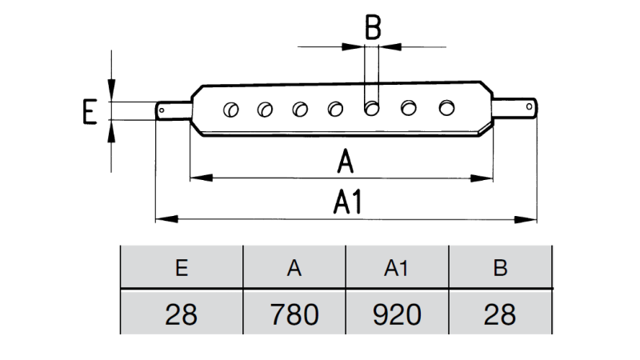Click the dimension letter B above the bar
click(373, 28)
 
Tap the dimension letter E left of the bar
click(90, 111)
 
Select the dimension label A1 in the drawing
click(348, 203)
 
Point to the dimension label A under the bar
click(345, 162)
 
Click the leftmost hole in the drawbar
click(230, 108)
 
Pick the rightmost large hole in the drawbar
click(446, 106)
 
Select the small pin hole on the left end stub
click(163, 110)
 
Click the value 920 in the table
click(397, 313)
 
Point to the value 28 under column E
click(181, 313)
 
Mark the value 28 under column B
click(501, 313)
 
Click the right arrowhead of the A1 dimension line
click(531, 218)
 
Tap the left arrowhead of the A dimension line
click(194, 177)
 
